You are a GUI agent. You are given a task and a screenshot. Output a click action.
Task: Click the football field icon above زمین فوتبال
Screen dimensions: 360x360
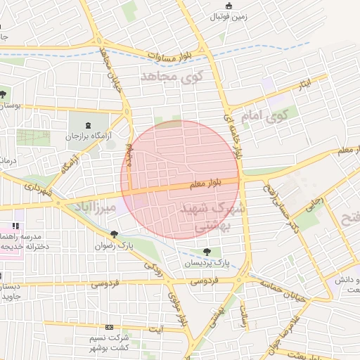pyautogui.click(x=227, y=6)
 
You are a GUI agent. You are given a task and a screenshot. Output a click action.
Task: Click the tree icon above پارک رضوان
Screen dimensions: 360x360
pyautogui.click(x=115, y=235)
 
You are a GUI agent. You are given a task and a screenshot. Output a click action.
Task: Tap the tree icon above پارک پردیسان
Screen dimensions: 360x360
pyautogui.click(x=207, y=252)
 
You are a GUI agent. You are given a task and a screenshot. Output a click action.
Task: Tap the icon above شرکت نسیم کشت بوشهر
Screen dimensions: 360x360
pyautogui.click(x=108, y=327)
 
